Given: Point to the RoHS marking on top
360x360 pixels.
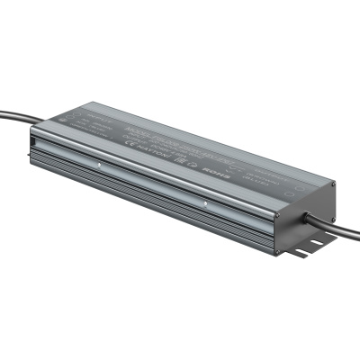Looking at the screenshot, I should pos(219,168).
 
